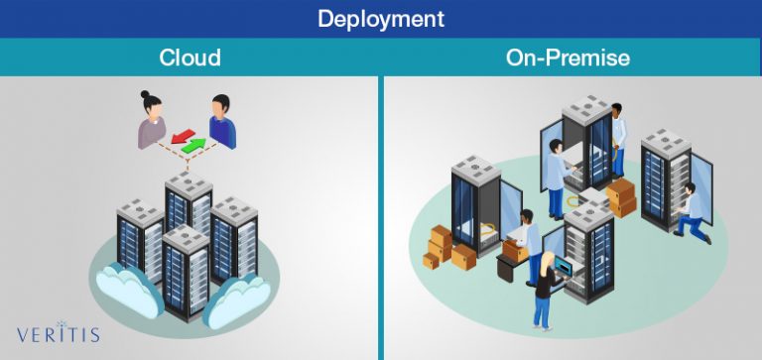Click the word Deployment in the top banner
[381, 19]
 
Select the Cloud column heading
[190, 58]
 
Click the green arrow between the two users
[194, 146]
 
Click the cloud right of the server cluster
[242, 294]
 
